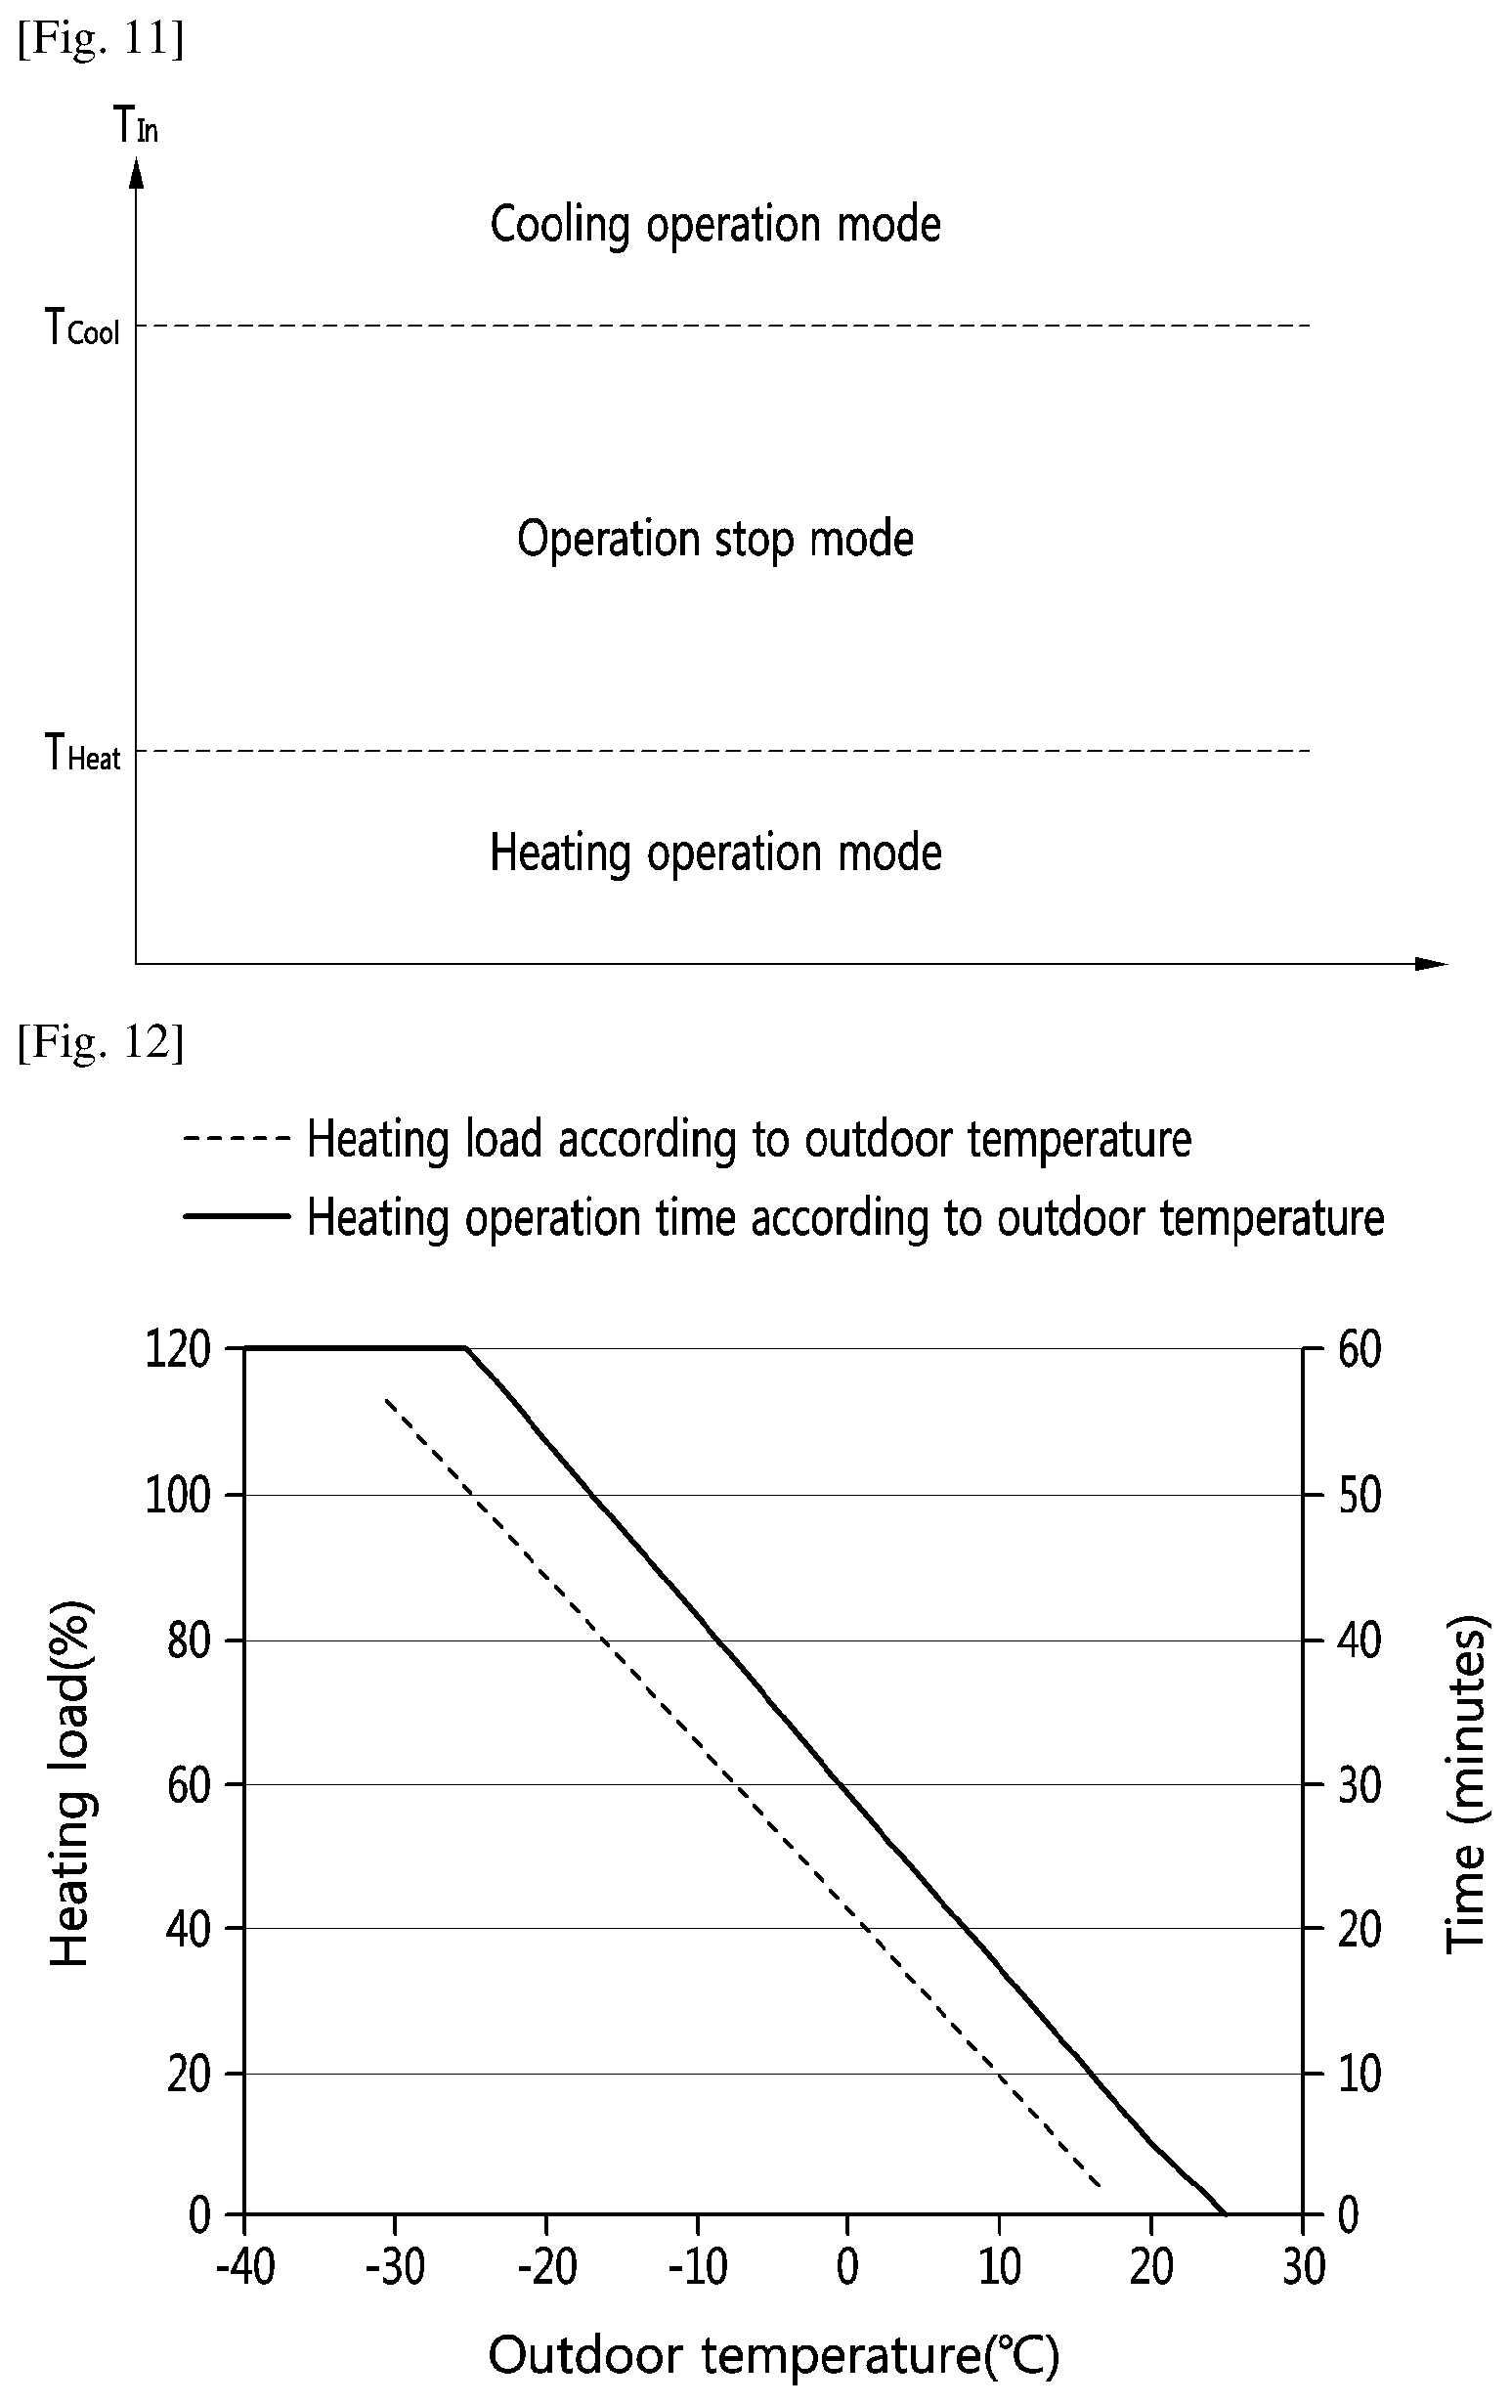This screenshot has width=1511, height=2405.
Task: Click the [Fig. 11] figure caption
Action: (x=101, y=41)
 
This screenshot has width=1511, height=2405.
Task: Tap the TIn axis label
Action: (x=136, y=126)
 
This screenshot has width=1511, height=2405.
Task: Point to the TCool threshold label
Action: (x=83, y=327)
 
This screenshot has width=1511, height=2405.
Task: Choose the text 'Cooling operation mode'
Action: (x=715, y=225)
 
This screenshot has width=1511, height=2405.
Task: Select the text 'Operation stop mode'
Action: (x=715, y=540)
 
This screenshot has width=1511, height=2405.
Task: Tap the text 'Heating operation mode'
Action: (x=715, y=853)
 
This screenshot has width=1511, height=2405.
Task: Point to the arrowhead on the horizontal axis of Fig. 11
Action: (x=1432, y=963)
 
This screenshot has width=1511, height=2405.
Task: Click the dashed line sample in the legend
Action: (x=237, y=1138)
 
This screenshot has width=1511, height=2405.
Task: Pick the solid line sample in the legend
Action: (x=237, y=1215)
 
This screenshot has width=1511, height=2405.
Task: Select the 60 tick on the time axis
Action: (x=1360, y=1349)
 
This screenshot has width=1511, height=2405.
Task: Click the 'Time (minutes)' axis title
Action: (x=1467, y=1785)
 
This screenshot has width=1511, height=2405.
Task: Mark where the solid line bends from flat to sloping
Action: (x=466, y=1348)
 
